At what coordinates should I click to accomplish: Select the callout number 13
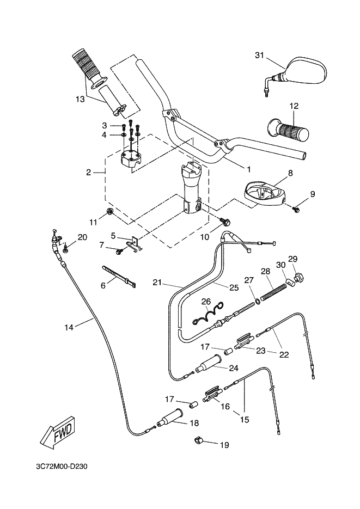pyautogui.click(x=81, y=99)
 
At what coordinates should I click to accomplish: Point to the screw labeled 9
pyautogui.click(x=297, y=208)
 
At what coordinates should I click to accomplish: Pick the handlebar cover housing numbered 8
pyautogui.click(x=265, y=193)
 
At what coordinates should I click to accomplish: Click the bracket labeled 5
pyautogui.click(x=134, y=243)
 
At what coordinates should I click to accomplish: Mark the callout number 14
pyautogui.click(x=68, y=327)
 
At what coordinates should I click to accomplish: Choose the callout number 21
pyautogui.click(x=157, y=283)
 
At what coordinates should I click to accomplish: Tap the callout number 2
pyautogui.click(x=88, y=173)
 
